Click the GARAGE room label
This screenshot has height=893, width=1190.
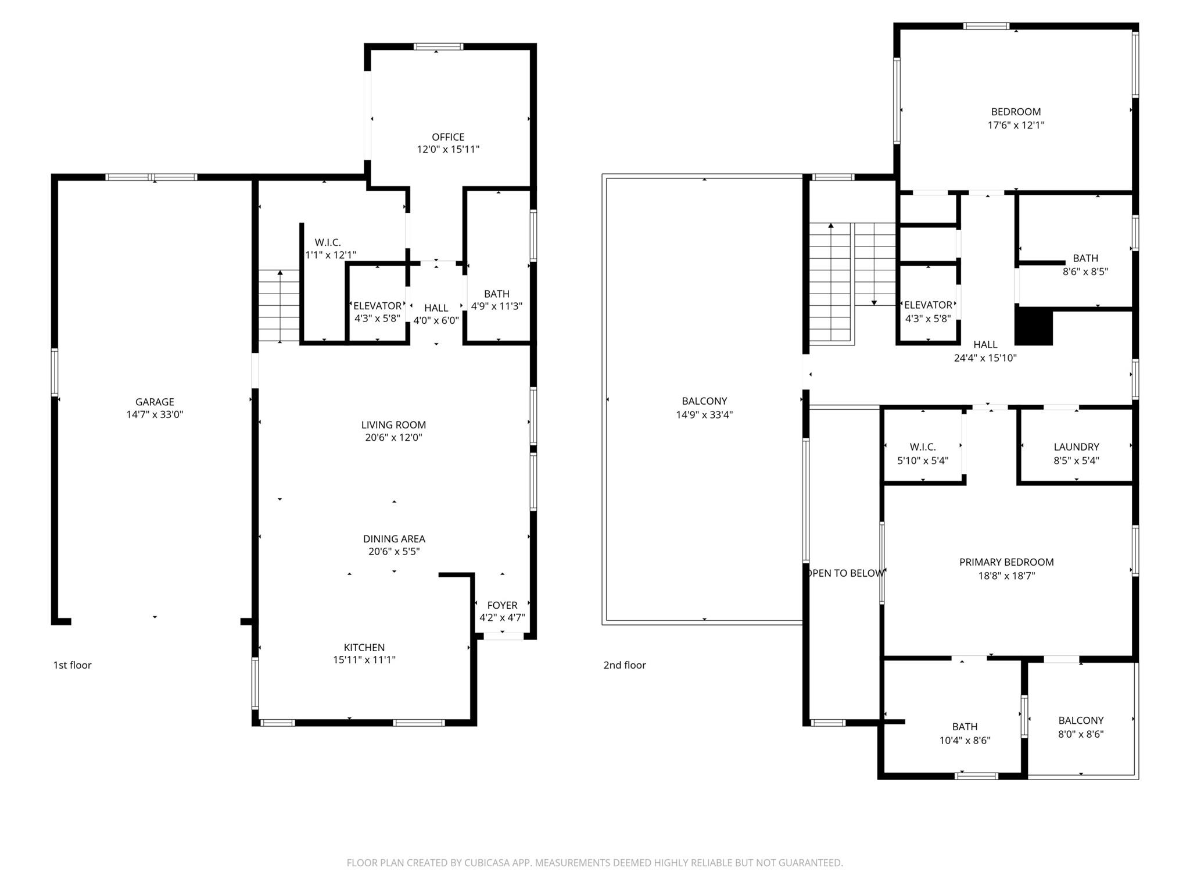point(155,402)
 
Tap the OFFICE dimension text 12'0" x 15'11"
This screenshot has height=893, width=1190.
point(448,149)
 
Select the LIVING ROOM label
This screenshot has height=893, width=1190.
point(393,425)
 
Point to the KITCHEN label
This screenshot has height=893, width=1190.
point(364,647)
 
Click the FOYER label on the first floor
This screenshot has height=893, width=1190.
point(502,605)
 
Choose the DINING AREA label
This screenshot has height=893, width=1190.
point(394,539)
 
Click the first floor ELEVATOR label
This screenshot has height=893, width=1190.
point(378,306)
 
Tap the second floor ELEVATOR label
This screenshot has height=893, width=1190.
point(928,305)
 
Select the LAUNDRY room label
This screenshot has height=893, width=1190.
point(1076,447)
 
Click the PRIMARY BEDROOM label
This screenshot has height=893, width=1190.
point(1006,562)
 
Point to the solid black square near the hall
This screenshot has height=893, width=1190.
point(1034,326)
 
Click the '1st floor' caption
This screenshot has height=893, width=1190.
point(73,665)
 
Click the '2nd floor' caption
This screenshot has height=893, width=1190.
point(625,665)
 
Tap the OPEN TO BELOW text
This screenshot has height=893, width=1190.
point(845,573)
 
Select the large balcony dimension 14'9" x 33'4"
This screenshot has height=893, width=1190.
point(704,415)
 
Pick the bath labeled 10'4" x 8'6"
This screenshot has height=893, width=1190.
point(965,734)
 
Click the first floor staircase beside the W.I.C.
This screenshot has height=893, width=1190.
point(279,306)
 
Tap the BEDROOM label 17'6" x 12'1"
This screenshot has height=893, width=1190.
point(1016,118)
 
